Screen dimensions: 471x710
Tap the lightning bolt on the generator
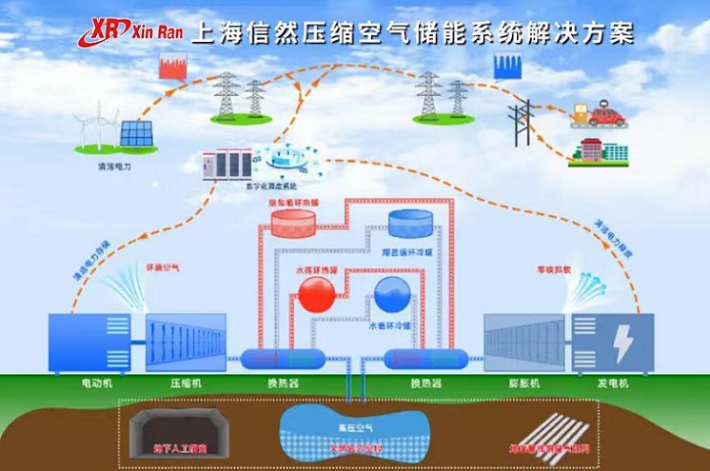(622, 343)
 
